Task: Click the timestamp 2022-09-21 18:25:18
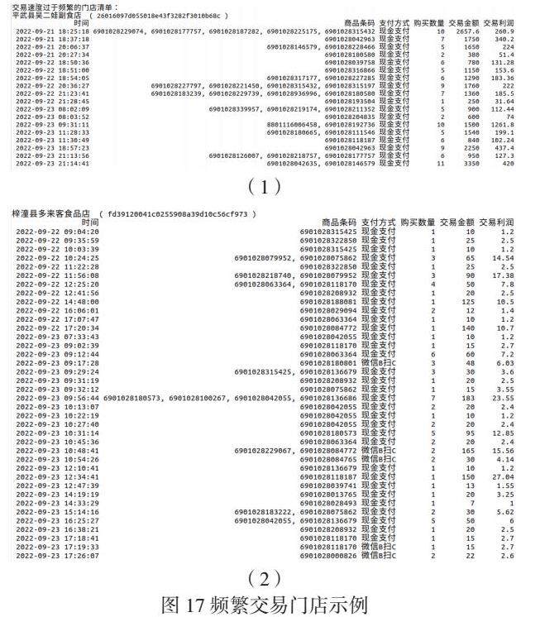52,31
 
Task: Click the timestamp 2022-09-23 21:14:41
52,163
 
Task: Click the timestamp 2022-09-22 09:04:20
52,232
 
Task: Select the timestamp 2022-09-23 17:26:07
52,555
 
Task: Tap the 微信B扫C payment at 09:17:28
382,362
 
